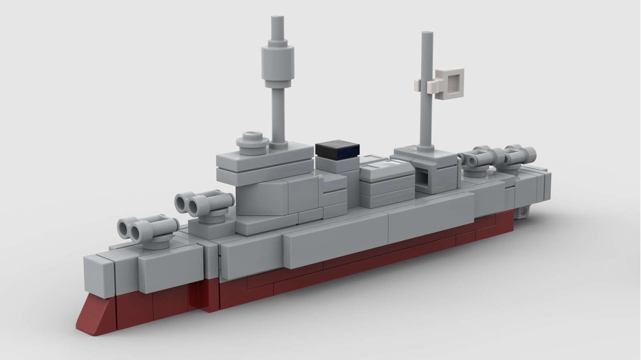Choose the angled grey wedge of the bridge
pos(263,195)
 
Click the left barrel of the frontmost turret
pos(124,226)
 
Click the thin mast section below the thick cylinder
pos(279,115)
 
